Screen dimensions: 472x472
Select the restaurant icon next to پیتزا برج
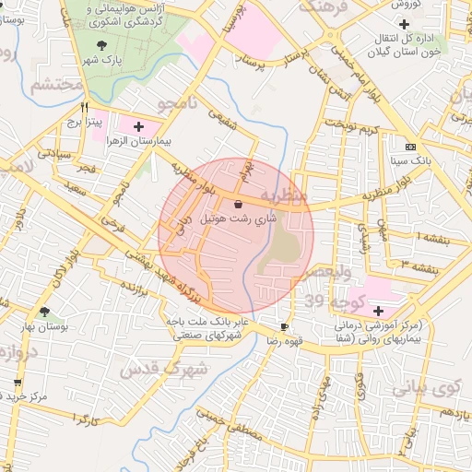point(85,107)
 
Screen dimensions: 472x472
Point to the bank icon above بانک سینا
point(410,147)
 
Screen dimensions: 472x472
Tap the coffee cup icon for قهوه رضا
point(284,326)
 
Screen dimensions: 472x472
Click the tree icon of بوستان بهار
point(43,313)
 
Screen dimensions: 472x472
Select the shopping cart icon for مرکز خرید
point(17,382)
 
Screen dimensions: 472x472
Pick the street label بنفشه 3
point(418,264)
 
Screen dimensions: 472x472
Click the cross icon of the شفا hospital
point(379,311)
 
